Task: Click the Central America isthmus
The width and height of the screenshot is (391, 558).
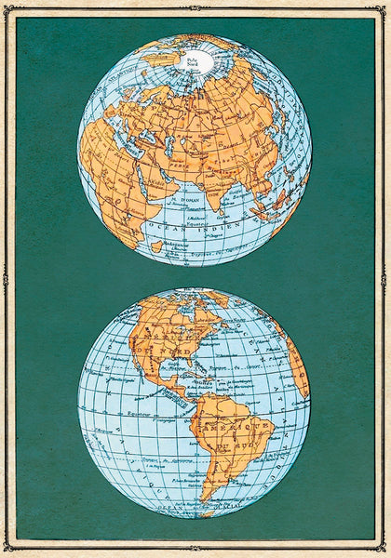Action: tap(177, 391)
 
